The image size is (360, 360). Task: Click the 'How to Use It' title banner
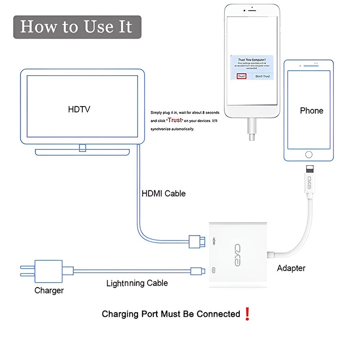coord(76,27)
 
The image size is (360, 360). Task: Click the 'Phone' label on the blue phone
coord(311,110)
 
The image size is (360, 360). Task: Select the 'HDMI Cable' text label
coord(163,193)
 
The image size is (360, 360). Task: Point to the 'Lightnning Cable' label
coord(137,283)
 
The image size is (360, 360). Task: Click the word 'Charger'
coord(49,290)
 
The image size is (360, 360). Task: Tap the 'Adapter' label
coord(291,268)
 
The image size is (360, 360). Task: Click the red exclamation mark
coord(247,314)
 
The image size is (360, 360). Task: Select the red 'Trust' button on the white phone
coord(242,76)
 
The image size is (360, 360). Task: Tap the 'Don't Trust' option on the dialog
coord(262,76)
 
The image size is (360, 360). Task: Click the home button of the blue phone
coord(309,154)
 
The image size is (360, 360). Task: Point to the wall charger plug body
coord(49,270)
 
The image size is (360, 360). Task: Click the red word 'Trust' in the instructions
coord(175,120)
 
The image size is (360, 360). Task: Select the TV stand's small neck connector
coord(82,148)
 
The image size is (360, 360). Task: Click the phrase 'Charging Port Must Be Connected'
coord(171,314)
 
